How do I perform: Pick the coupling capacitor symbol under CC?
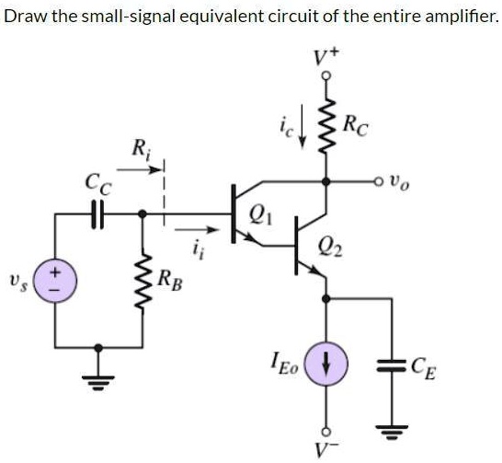[x=98, y=214]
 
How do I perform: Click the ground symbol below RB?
[x=98, y=375]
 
